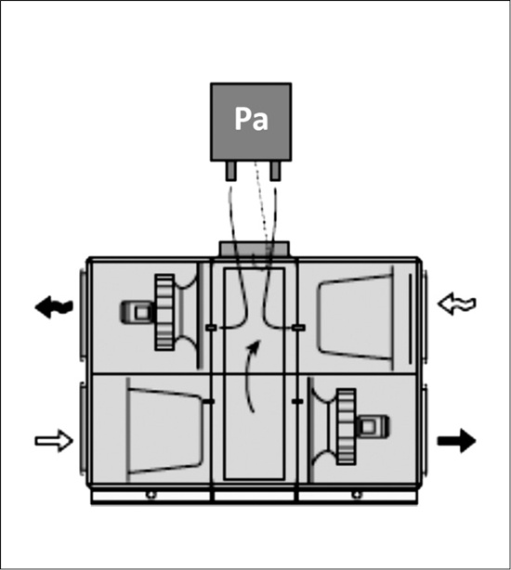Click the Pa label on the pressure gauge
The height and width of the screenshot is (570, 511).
[251, 119]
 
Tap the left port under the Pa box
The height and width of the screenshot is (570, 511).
[231, 171]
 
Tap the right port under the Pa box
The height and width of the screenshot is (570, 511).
[275, 171]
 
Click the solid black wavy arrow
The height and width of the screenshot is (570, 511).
[54, 307]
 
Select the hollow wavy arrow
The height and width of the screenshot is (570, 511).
[457, 304]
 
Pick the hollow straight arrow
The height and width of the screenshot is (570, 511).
[54, 441]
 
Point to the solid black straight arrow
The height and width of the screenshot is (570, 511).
[457, 441]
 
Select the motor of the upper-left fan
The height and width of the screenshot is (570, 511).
[137, 312]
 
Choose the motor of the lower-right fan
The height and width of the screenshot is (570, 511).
[372, 427]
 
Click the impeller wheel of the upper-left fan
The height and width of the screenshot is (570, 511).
[164, 312]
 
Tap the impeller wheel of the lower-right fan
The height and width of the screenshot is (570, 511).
[346, 427]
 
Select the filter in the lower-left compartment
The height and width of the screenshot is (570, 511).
[164, 431]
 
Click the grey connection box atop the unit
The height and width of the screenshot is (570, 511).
[255, 250]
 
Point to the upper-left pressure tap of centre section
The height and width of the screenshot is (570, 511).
[211, 328]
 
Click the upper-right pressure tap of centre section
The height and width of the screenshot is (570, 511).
[298, 328]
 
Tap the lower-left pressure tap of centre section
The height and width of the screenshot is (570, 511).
[209, 401]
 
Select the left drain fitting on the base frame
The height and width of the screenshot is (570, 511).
[151, 495]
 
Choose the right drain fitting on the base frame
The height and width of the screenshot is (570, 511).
[357, 495]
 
